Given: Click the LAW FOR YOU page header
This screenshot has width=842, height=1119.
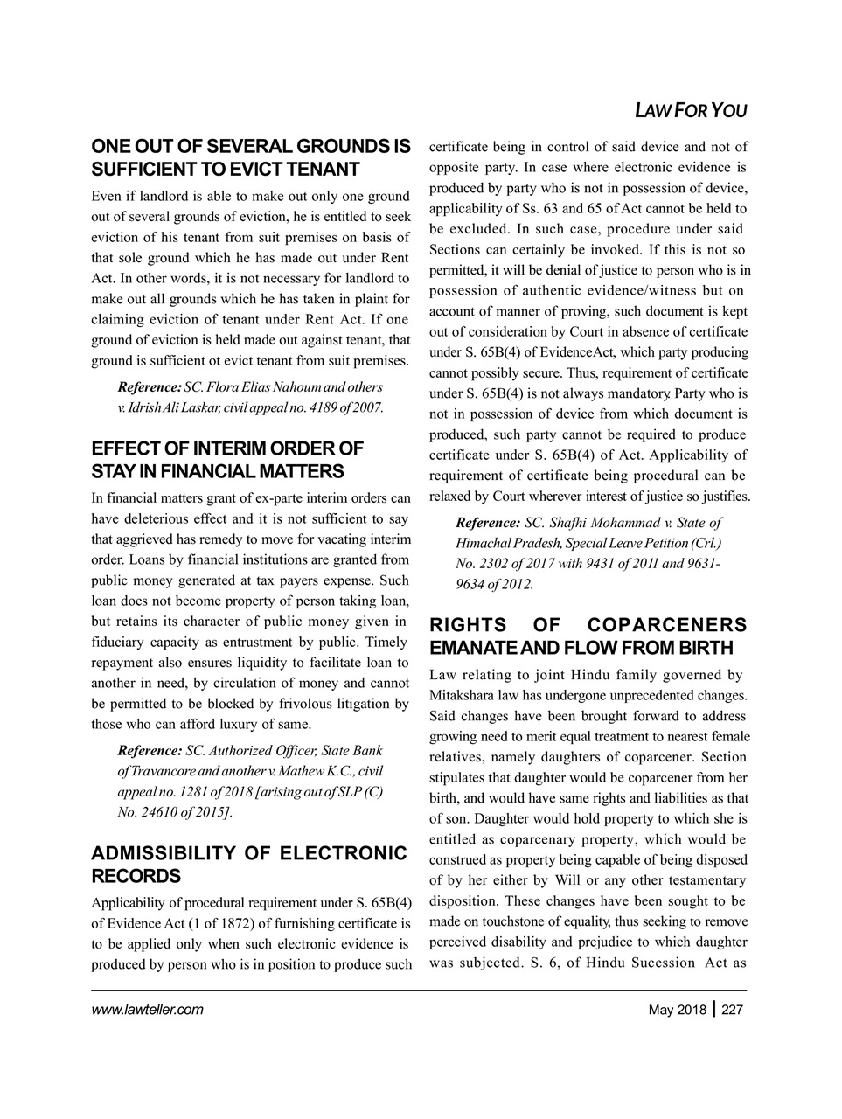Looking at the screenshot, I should [x=690, y=111].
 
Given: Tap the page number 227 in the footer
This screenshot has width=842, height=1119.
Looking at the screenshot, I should [x=732, y=1011].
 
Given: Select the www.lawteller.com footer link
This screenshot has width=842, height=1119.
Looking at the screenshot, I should [x=147, y=1011].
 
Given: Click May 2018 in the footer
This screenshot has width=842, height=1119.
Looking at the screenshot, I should [x=678, y=1011].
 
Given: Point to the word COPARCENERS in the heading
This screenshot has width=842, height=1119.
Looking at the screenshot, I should [x=667, y=625].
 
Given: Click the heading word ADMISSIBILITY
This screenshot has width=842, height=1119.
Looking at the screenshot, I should [x=166, y=853].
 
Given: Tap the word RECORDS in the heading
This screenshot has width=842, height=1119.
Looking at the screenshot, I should [x=136, y=876].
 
